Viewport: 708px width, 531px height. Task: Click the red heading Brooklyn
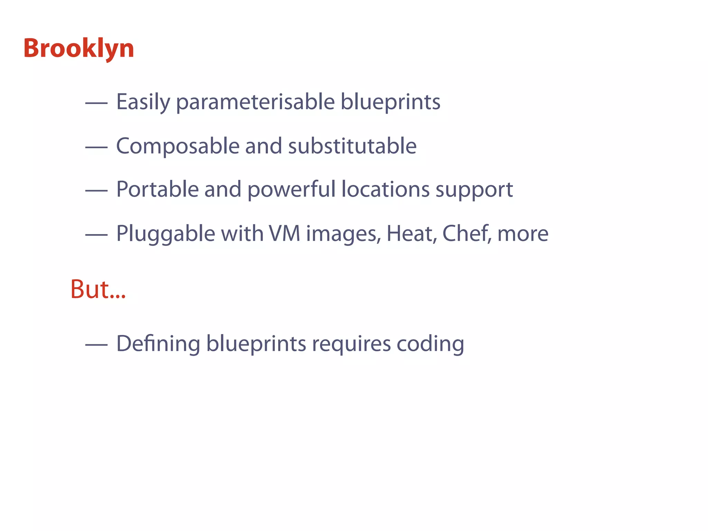[79, 48]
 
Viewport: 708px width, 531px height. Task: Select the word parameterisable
[255, 102]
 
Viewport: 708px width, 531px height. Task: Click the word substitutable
[352, 146]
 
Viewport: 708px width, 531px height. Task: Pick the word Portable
[157, 189]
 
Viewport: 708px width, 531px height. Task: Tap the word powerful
[291, 189]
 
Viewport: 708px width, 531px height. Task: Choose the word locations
[385, 189]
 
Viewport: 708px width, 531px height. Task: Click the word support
[474, 190]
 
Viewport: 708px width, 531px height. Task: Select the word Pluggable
[166, 234]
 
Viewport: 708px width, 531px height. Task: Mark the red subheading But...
[98, 289]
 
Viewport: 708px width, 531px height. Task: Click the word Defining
[158, 344]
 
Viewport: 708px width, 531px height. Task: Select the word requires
[351, 344]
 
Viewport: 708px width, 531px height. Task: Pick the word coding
[430, 344]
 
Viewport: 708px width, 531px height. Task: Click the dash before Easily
[96, 103]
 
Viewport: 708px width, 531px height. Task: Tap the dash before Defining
[96, 344]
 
